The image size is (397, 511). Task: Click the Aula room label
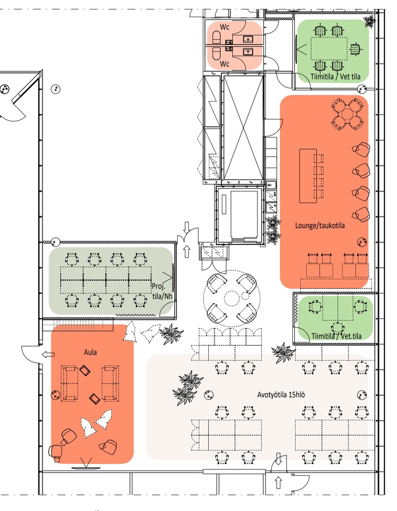(x=90, y=352)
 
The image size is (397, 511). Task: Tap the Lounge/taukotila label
(x=320, y=226)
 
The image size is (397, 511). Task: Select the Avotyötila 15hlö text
(x=281, y=395)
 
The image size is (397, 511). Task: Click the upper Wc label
(x=224, y=27)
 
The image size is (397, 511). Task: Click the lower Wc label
(x=224, y=64)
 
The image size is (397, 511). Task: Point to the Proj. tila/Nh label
(x=162, y=291)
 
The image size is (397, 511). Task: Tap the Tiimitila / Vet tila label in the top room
(x=335, y=77)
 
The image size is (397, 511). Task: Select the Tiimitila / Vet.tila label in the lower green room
(x=337, y=336)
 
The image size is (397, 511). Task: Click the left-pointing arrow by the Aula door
(x=48, y=354)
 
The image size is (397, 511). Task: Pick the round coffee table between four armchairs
(x=232, y=298)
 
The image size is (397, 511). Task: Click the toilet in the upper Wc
(x=216, y=37)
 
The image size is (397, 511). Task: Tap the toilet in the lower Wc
(x=216, y=53)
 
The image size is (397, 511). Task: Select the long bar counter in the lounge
(x=308, y=176)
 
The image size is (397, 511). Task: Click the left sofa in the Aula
(x=69, y=383)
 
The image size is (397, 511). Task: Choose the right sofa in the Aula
(x=110, y=383)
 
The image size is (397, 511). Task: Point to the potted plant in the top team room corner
(x=370, y=21)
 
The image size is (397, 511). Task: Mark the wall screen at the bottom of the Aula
(x=86, y=468)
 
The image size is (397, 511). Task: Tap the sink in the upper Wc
(x=247, y=39)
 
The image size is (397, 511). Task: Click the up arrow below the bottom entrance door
(x=278, y=482)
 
